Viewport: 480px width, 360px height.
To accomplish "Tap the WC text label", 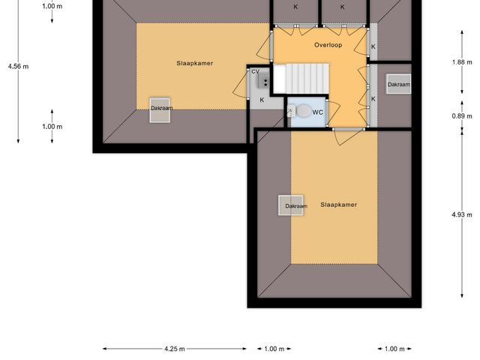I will [x=318, y=112].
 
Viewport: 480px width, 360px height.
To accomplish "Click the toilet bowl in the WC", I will [x=303, y=111].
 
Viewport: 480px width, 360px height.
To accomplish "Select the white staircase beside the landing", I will [x=300, y=77].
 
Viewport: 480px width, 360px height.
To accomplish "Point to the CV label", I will [x=255, y=71].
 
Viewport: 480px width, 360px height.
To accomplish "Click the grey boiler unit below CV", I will [x=256, y=83].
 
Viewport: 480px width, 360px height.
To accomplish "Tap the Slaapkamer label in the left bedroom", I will [x=195, y=64].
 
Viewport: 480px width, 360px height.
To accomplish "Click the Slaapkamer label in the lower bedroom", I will [x=338, y=205].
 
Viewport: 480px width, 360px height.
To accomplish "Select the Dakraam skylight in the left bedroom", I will [x=160, y=108].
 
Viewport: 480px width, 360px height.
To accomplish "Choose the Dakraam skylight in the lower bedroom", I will [x=292, y=205].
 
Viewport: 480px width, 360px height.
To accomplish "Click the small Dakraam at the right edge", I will [x=399, y=85].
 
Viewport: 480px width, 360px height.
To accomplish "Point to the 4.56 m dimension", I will [x=18, y=66].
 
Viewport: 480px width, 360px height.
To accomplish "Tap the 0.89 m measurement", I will [x=461, y=116].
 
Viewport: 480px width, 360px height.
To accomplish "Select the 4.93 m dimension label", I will [x=461, y=214].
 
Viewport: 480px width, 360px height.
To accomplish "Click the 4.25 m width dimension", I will [x=174, y=349].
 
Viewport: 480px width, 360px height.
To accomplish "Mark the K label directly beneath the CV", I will [x=262, y=100].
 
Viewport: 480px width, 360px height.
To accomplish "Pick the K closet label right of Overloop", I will [x=373, y=46].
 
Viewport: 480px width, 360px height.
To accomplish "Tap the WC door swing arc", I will [x=289, y=112].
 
